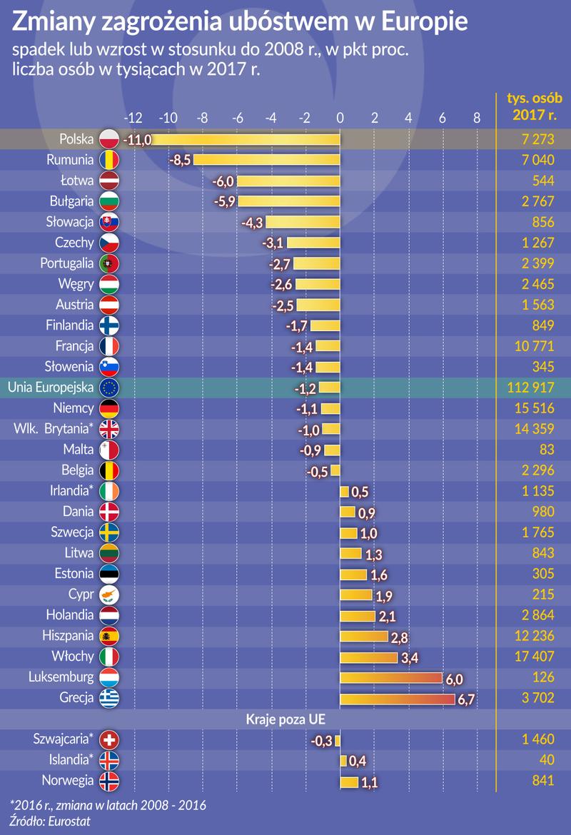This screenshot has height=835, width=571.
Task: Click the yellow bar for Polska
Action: pos(246,139)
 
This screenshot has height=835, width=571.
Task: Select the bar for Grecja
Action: pos(397,699)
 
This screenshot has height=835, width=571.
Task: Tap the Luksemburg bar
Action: pos(391,678)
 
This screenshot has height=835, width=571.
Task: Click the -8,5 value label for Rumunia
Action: pos(180,160)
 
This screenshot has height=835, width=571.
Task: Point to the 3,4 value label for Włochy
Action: pos(410,658)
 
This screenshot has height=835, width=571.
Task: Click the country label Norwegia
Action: pos(69,780)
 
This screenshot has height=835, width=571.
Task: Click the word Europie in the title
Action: pos(425,22)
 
